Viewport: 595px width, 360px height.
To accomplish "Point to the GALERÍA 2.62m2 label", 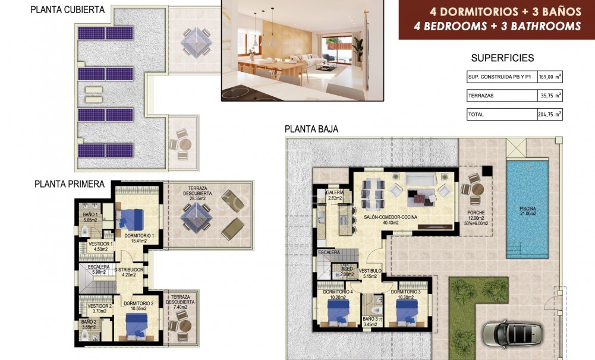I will coord(333,196).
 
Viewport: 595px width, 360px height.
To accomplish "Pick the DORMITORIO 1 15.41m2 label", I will coord(140,238).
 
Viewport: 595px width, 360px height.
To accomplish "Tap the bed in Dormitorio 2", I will coord(138,326).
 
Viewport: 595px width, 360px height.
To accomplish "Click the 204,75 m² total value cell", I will coord(550,114).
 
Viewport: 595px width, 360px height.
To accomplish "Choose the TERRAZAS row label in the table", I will coord(481,95).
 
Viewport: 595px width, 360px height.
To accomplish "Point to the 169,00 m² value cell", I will coord(550,77).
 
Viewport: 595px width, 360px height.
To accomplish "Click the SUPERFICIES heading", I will coord(502,58).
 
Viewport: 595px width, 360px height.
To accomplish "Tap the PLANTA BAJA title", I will coord(311,128).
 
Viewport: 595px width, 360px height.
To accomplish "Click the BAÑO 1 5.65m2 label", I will coord(90,217).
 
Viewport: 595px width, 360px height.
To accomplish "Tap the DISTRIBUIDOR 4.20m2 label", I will coord(129,272).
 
